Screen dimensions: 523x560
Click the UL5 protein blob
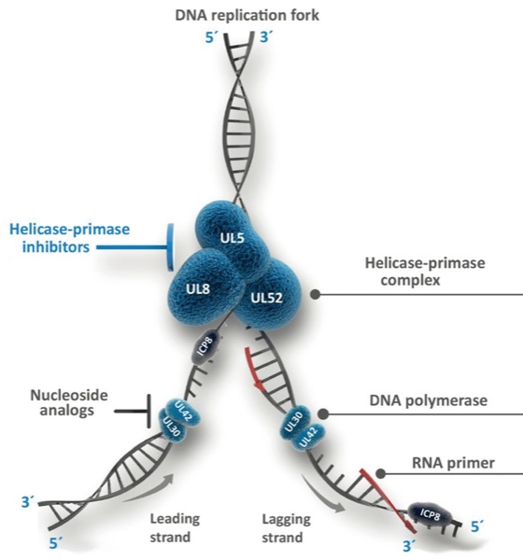232,237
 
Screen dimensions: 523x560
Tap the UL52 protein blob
269,295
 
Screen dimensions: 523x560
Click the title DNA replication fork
247,16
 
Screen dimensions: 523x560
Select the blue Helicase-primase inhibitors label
69,238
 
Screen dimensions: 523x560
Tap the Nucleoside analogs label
68,402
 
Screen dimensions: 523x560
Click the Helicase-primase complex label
425,272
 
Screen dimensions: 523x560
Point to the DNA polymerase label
429,400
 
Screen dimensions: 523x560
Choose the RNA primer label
453,463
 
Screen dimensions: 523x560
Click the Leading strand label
175,528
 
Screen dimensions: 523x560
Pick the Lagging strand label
286,528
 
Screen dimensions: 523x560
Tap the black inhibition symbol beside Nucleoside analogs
133,412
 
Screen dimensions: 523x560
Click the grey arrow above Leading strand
150,492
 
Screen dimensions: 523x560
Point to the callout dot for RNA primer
381,473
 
